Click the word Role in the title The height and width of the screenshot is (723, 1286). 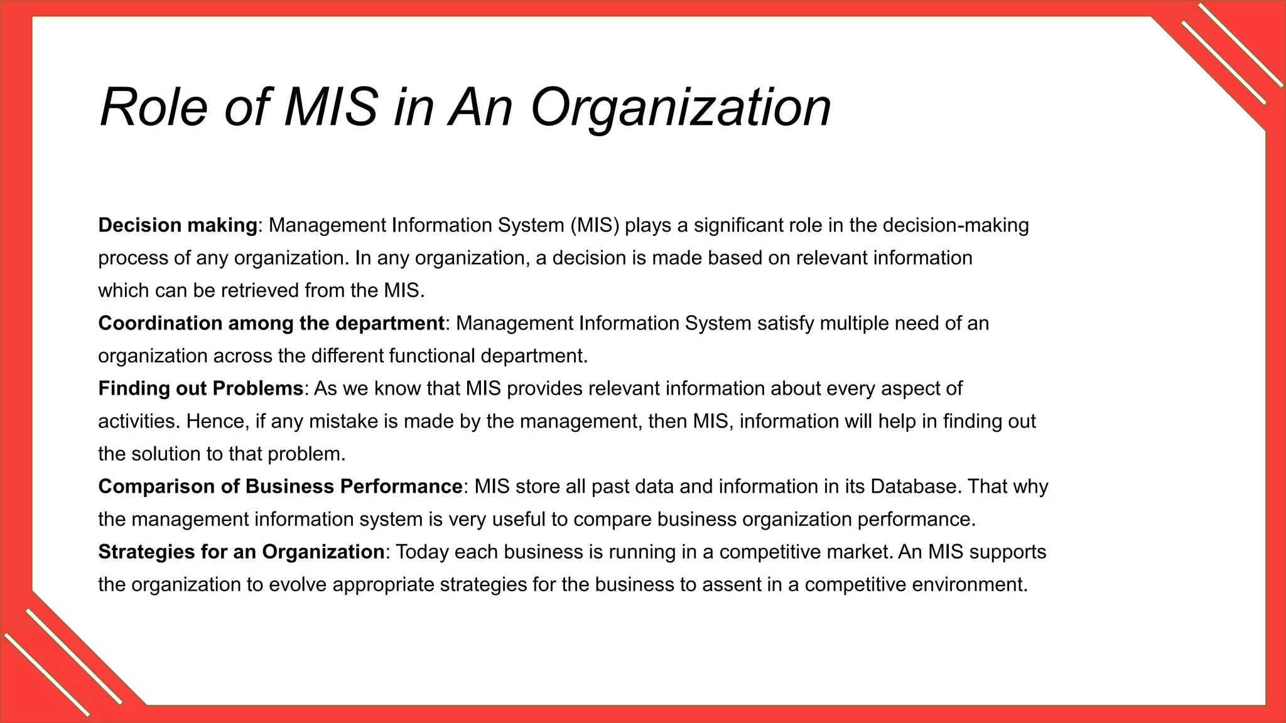point(153,107)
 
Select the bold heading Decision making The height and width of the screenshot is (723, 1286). point(178,225)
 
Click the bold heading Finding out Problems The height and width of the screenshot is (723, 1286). point(201,388)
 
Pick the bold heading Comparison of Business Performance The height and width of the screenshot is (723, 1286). point(280,486)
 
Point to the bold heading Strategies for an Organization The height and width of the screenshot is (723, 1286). point(241,552)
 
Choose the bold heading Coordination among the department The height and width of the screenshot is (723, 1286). point(271,323)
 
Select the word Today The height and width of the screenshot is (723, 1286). point(422,552)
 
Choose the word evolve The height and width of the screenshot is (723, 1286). point(297,584)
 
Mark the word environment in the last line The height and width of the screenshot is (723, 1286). point(968,584)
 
